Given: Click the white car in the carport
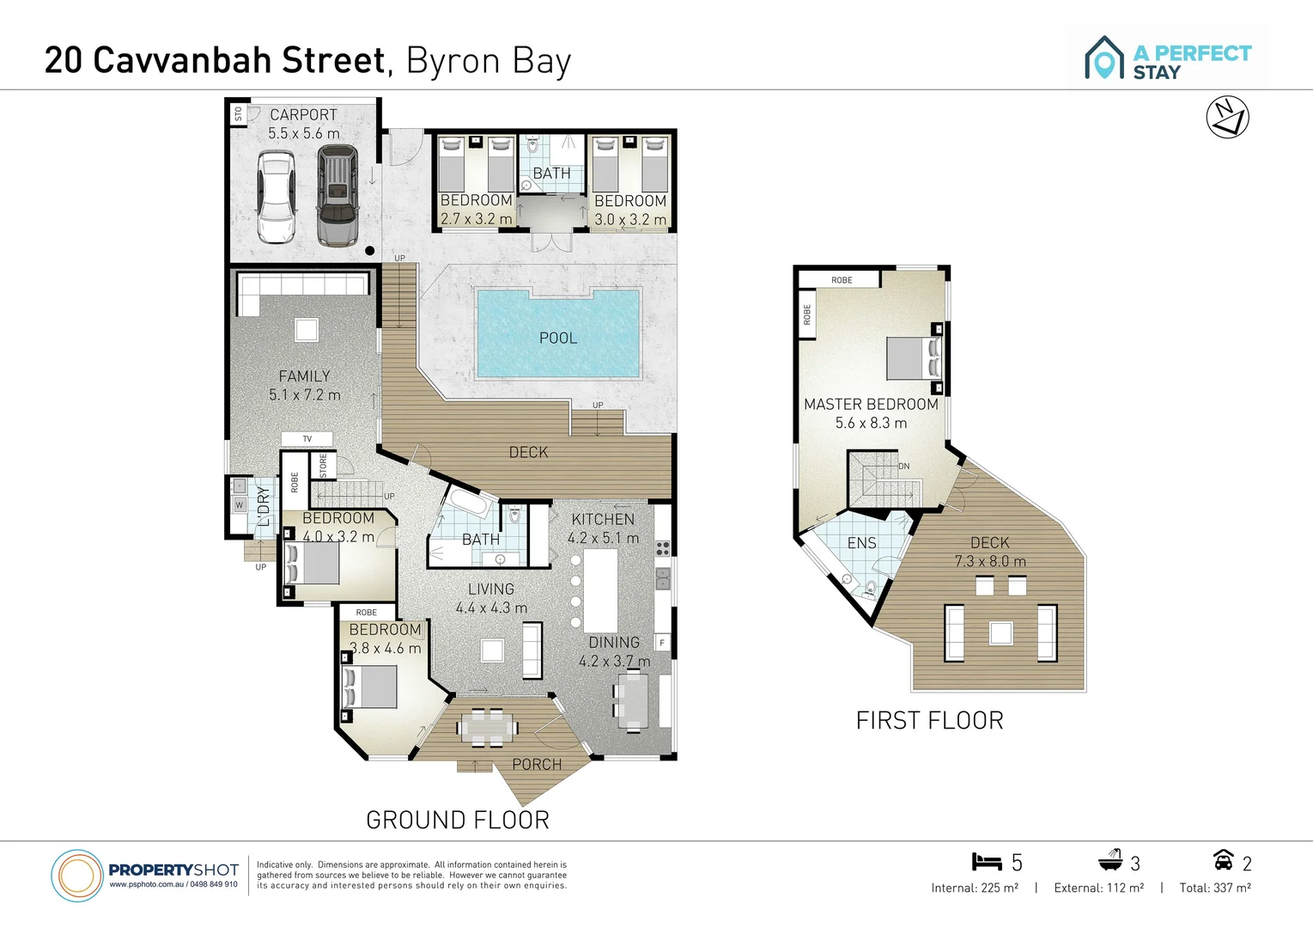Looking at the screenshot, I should click(277, 197).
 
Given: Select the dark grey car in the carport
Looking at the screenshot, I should click(337, 195).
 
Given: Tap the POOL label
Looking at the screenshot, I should click(558, 339).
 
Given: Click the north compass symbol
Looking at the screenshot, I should click(1227, 118).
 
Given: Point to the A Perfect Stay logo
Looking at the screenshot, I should click(1168, 58).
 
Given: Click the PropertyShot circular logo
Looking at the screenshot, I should click(77, 876).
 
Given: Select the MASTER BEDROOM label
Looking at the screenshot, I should click(871, 404).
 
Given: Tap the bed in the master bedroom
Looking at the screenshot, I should click(912, 358).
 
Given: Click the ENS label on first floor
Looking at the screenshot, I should click(861, 543).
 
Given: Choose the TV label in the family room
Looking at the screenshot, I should click(307, 439).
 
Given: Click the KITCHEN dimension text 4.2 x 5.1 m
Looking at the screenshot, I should click(603, 539).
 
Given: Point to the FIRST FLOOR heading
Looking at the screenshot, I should click(929, 720).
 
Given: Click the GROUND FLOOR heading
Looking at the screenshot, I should click(458, 820).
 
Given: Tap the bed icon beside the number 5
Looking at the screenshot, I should click(987, 862).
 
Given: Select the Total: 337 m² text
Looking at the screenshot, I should click(1214, 888).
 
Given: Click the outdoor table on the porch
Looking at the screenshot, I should click(488, 728).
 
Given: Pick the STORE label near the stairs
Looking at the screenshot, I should click(324, 466).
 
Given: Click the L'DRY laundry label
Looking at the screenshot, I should click(264, 506).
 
